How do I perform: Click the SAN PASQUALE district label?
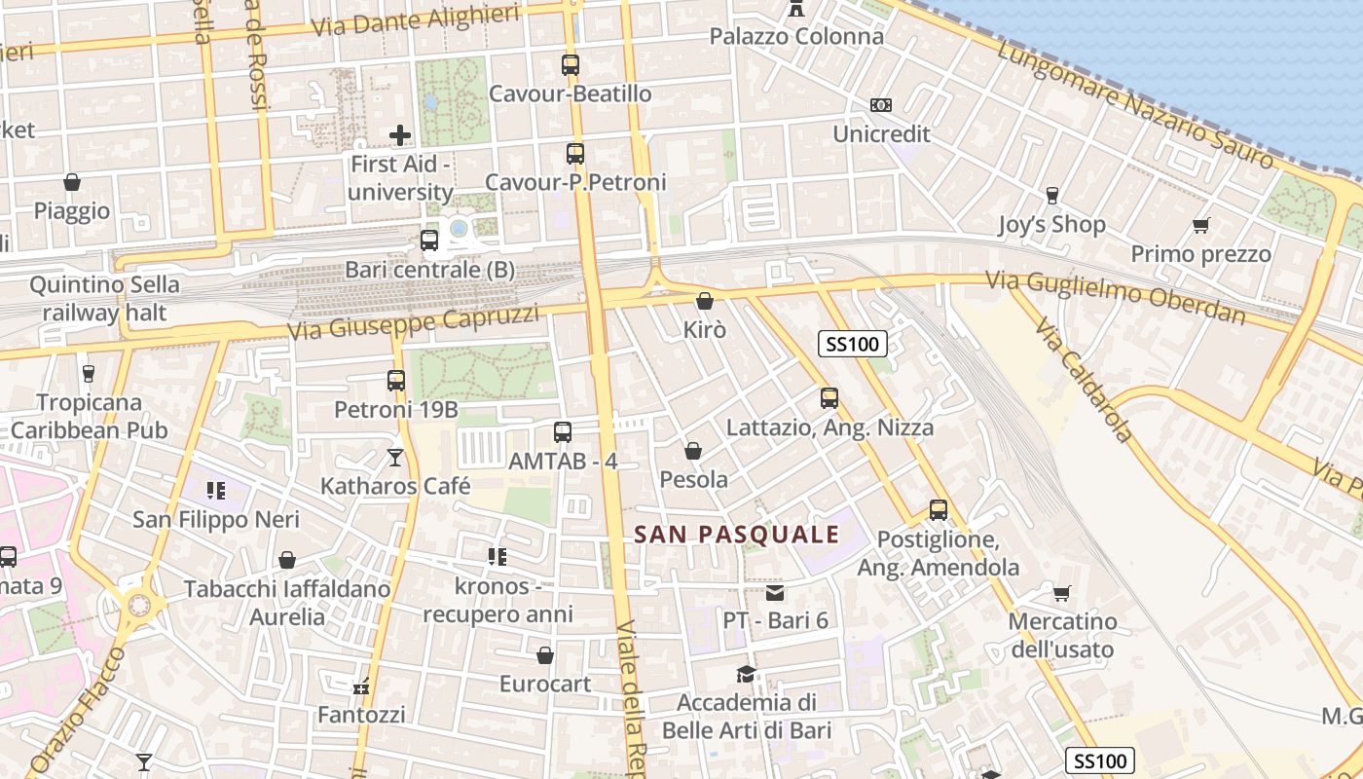tap(736, 534)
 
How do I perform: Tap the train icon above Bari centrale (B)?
tap(429, 241)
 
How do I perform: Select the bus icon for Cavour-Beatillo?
tap(571, 65)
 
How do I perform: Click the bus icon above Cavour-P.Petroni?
tap(575, 153)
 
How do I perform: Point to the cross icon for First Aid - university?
tap(400, 135)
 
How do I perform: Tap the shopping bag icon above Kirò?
tap(705, 301)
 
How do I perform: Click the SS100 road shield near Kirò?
tap(852, 343)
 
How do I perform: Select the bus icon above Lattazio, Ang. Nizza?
tap(829, 398)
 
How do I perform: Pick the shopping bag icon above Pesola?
tap(693, 451)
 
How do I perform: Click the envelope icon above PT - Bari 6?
tap(775, 592)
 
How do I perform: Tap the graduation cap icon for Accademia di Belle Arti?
tap(746, 674)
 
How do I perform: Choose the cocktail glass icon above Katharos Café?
tap(395, 457)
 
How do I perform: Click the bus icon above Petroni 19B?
tap(396, 381)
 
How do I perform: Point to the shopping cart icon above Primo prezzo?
tap(1200, 226)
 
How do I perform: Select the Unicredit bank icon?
tap(881, 105)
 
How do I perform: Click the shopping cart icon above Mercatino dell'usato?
tap(1061, 592)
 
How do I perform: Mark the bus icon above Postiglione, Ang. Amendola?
tap(939, 510)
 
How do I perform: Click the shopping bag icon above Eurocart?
tap(545, 655)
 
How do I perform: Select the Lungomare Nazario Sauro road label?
tap(1134, 105)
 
